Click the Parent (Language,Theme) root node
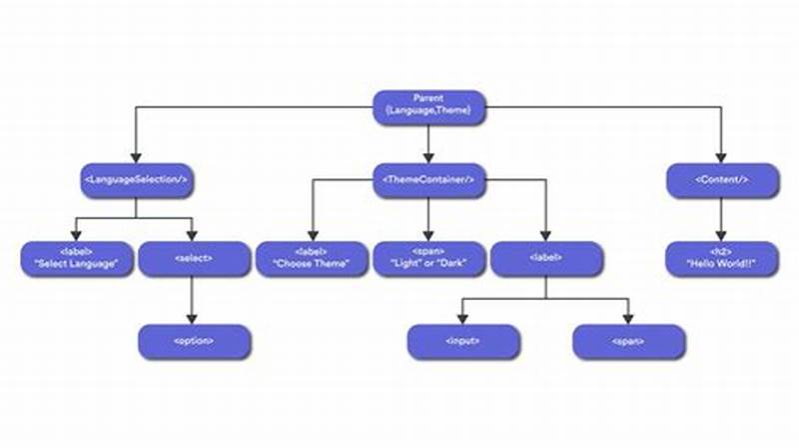(429, 107)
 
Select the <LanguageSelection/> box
(136, 180)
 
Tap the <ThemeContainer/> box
(429, 180)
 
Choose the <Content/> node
(721, 180)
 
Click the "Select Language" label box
(76, 258)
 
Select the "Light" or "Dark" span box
(429, 258)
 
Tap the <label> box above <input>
(546, 258)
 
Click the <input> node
(463, 340)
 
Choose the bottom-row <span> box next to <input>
(629, 340)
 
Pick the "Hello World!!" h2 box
(721, 258)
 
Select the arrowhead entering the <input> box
(463, 319)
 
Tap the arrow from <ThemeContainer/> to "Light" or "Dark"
(429, 217)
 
